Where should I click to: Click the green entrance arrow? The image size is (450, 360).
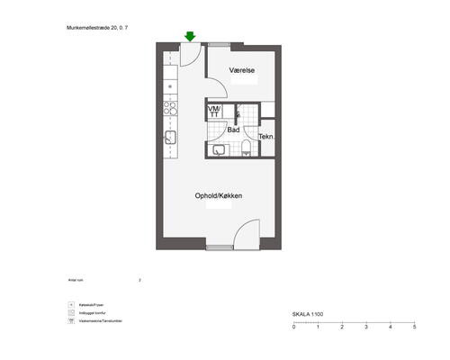click(190, 36)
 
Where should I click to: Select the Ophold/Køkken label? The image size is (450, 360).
click(219, 196)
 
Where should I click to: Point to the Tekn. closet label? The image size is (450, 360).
click(266, 137)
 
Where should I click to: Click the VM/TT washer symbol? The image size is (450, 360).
click(214, 111)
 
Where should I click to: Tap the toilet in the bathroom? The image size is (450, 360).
click(246, 151)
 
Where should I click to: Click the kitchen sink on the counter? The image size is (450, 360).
click(168, 138)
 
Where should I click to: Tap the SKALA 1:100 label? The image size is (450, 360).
click(308, 314)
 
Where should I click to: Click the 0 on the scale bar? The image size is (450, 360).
click(294, 328)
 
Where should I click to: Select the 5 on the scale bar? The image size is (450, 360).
click(413, 328)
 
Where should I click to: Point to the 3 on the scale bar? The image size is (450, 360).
click(365, 328)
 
